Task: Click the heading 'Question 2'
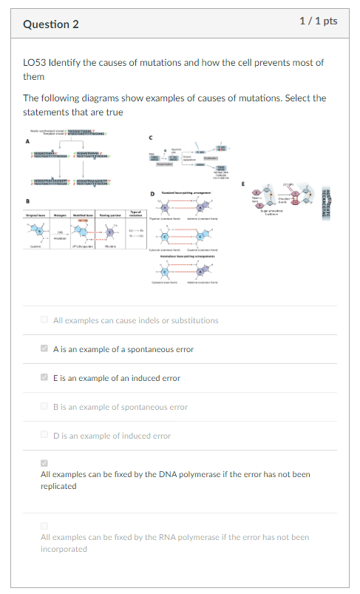51,24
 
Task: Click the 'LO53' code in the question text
35,63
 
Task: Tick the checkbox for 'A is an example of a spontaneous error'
44,348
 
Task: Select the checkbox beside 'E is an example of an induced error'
44,377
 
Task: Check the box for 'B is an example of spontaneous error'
44,406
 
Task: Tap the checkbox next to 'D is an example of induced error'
44,435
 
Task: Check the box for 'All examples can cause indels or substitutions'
44,320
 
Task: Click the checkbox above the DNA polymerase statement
44,462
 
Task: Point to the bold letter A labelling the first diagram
29,141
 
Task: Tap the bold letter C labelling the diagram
152,136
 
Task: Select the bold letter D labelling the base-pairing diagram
152,194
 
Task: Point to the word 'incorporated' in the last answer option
65,549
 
